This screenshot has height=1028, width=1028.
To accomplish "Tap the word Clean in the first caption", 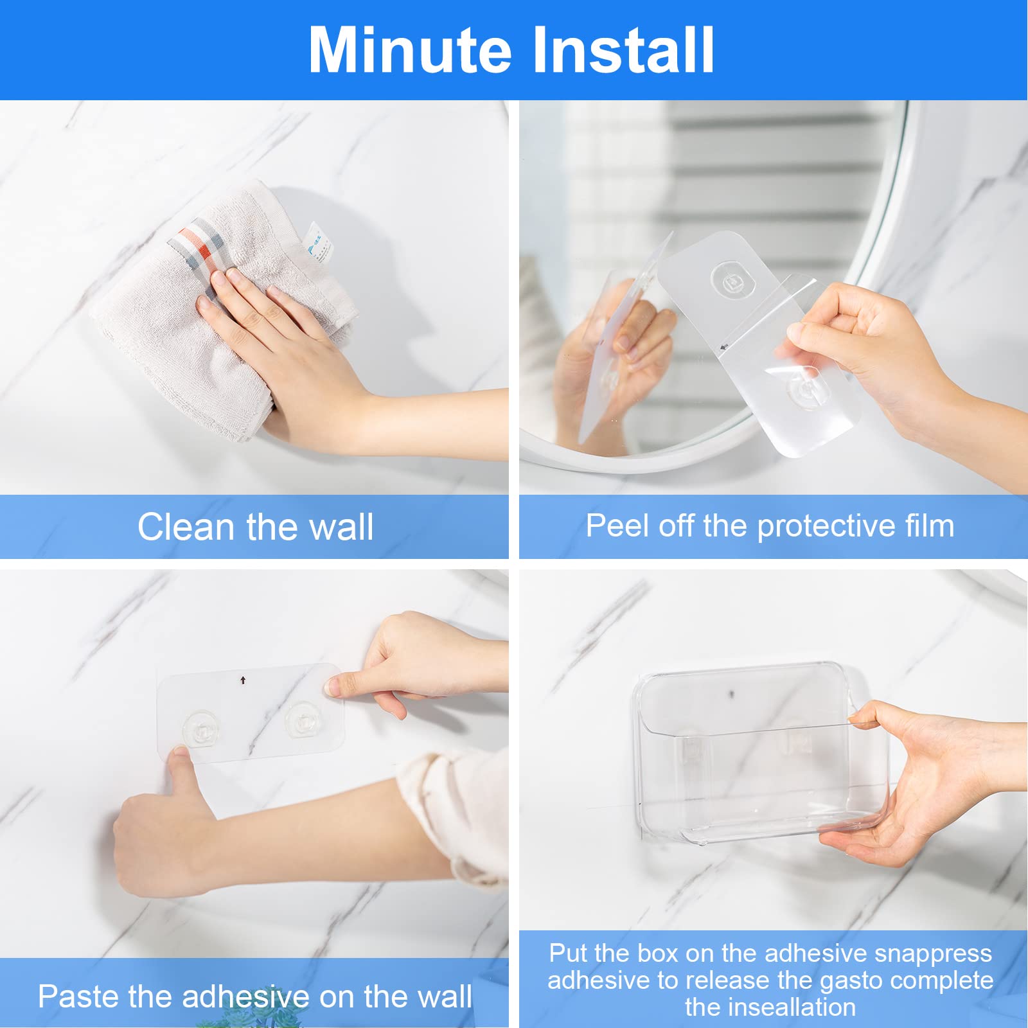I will (x=186, y=527).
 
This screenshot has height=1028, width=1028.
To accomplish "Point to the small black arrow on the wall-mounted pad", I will (x=243, y=680).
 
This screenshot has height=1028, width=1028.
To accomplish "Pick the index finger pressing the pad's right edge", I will (x=344, y=686).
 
